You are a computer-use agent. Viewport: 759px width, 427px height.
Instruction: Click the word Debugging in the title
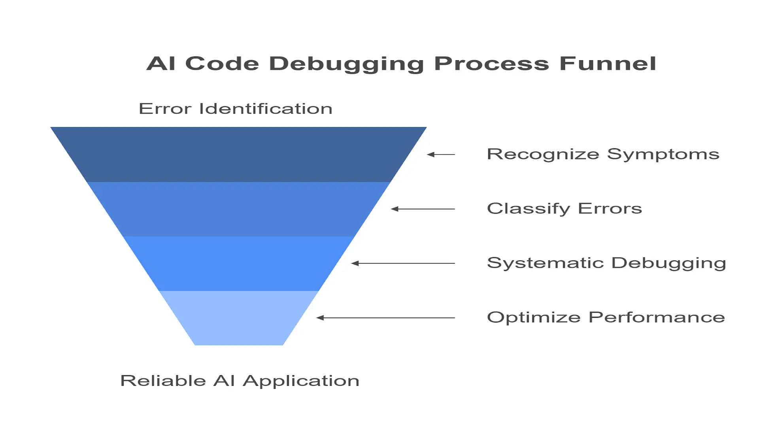pyautogui.click(x=346, y=64)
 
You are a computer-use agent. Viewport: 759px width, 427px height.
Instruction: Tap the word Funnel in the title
pyautogui.click(x=608, y=64)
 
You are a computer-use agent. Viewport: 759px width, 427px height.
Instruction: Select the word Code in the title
pyautogui.click(x=222, y=64)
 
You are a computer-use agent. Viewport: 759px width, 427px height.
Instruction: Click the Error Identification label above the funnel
pyautogui.click(x=236, y=109)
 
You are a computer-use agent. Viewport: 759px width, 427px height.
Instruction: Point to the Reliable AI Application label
pyautogui.click(x=240, y=381)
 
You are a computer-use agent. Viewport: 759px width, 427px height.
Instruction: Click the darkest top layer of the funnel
pyautogui.click(x=238, y=154)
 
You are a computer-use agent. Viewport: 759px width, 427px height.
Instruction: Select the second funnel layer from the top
pyautogui.click(x=238, y=209)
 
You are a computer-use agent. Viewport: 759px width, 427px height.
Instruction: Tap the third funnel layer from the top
pyautogui.click(x=238, y=264)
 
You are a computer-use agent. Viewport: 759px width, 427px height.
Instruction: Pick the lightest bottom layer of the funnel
pyautogui.click(x=238, y=318)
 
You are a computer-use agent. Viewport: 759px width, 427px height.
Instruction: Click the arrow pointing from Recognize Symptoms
pyautogui.click(x=441, y=155)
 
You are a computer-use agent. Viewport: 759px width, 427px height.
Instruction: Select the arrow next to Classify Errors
pyautogui.click(x=423, y=209)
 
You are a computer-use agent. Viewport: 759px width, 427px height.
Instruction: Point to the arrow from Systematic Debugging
pyautogui.click(x=403, y=263)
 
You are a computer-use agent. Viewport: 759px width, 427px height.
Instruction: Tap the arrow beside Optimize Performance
pyautogui.click(x=386, y=317)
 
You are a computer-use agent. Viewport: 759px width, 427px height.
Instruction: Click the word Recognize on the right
pyautogui.click(x=543, y=155)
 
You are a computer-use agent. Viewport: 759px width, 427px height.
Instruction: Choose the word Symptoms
pyautogui.click(x=663, y=155)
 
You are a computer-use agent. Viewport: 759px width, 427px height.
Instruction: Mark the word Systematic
pyautogui.click(x=546, y=263)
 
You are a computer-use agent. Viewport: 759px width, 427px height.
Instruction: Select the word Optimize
pyautogui.click(x=534, y=317)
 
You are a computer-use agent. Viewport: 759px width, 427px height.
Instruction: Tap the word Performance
pyautogui.click(x=657, y=317)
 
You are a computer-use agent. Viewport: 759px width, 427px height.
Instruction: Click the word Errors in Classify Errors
pyautogui.click(x=610, y=209)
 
